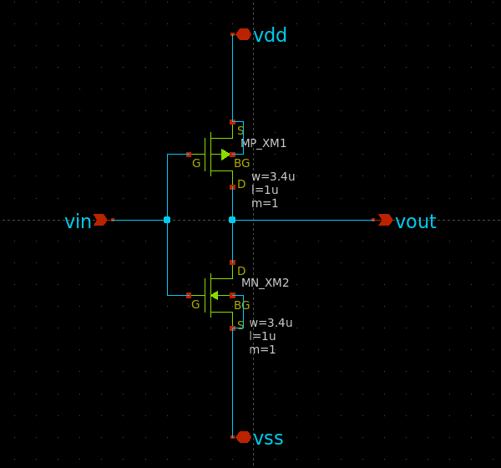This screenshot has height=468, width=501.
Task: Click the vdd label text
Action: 270,35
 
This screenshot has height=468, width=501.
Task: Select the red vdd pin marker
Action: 243,34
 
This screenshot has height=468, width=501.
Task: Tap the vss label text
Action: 268,438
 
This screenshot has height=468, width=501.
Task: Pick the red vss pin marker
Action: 243,437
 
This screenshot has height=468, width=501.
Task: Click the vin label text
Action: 78,221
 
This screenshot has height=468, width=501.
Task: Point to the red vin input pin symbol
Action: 100,220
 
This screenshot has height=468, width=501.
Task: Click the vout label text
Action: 415,221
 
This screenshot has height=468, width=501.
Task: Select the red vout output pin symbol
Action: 385,220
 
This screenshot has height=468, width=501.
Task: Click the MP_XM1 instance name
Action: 263,143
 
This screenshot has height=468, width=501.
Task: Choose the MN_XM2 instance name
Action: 265,282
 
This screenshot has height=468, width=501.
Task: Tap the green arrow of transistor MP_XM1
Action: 225,155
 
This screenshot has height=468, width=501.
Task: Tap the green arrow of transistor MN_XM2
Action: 215,295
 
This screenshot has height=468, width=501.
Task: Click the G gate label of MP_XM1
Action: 196,163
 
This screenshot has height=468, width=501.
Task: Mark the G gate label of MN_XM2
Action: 195,304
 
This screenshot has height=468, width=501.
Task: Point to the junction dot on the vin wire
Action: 167,220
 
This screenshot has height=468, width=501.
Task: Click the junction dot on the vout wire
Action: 232,220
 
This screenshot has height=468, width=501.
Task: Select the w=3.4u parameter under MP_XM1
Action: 273,176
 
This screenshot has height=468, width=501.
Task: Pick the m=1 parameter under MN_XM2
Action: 262,349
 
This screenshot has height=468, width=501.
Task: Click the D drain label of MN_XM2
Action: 241,271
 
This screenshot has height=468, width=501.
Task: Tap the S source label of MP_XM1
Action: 240,130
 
